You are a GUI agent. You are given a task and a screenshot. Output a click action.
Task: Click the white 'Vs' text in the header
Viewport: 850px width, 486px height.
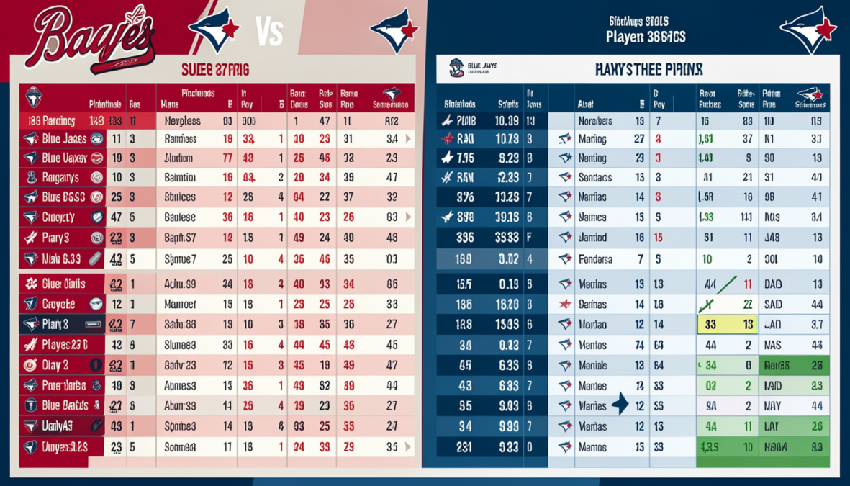(269, 33)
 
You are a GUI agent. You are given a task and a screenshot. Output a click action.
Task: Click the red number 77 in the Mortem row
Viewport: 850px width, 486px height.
(227, 158)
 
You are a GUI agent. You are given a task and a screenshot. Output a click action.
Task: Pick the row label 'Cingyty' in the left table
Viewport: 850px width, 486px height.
(58, 216)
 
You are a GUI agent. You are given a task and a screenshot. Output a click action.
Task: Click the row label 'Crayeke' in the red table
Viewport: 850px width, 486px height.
(60, 304)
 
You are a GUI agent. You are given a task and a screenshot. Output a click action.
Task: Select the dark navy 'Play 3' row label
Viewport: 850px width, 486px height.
(55, 324)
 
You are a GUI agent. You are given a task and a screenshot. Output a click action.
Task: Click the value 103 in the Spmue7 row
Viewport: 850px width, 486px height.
(392, 258)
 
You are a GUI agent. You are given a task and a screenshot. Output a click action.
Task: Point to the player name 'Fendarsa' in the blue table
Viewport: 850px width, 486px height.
(596, 258)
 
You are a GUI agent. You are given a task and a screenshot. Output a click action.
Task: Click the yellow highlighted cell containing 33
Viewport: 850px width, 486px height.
(710, 325)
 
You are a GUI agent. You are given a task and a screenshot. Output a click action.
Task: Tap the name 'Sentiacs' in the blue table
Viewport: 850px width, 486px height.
(595, 177)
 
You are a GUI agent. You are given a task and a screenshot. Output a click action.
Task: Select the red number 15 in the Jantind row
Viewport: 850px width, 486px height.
(658, 237)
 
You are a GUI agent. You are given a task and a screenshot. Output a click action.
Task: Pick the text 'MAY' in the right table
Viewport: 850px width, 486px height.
(773, 406)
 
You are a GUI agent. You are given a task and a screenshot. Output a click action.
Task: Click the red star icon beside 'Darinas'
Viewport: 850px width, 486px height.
(565, 305)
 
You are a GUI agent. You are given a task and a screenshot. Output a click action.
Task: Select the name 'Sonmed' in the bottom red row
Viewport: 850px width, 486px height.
(180, 446)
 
